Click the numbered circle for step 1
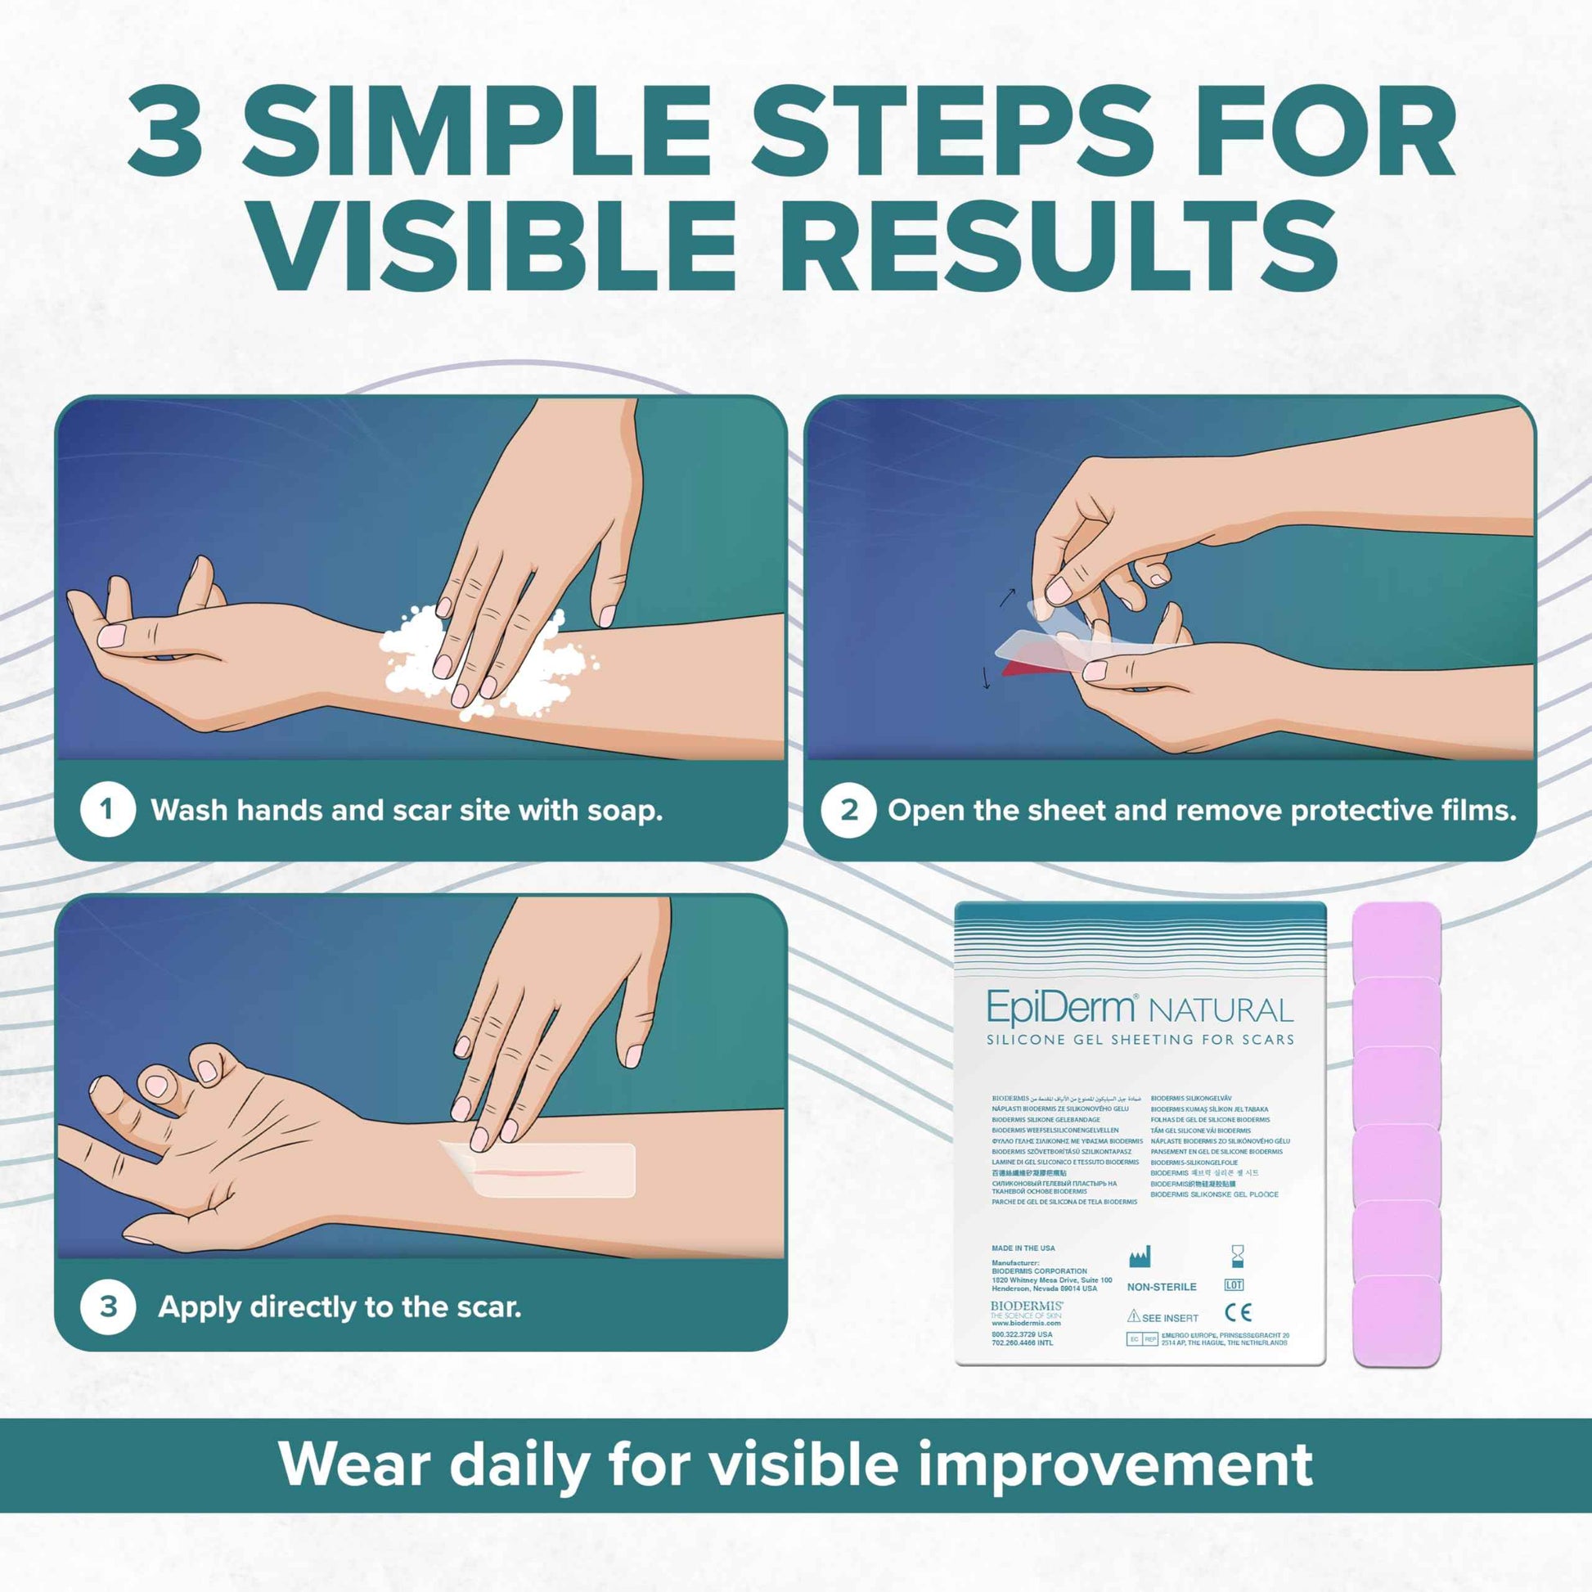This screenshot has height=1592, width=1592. coord(107,810)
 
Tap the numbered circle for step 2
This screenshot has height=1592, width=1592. coord(848,810)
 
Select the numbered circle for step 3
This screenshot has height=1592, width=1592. coord(107,1306)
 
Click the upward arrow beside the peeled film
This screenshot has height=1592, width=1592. coord(1007,596)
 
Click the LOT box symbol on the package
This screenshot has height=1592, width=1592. coord(1234,1284)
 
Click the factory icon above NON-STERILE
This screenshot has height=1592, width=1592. coord(1139,1257)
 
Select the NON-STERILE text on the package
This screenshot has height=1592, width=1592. coord(1161,1286)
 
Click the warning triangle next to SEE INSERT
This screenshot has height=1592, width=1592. coord(1133,1317)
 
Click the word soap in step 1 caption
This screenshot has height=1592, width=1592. coord(623,811)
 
